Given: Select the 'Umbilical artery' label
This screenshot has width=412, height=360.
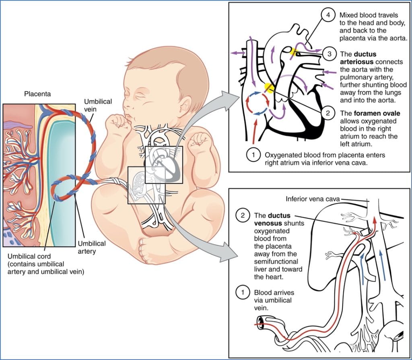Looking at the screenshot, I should click(91, 247).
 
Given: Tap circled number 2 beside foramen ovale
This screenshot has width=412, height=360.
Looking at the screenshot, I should click(328, 113).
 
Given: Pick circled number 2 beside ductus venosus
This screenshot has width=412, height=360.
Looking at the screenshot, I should click(243, 215).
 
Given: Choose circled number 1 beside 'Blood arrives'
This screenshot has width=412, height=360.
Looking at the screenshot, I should click(243, 293).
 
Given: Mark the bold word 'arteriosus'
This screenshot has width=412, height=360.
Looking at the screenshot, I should click(356, 61).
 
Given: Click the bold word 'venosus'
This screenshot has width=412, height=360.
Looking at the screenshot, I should click(269, 223).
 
